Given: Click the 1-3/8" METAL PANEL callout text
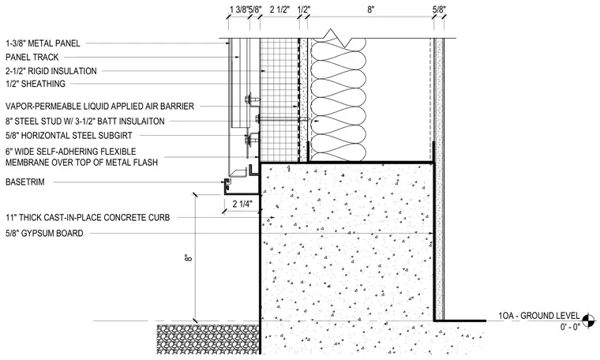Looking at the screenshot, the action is coord(43,43).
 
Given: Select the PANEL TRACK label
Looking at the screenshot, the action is coord(32,58).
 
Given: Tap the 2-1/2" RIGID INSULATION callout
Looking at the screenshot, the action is coord(51,71).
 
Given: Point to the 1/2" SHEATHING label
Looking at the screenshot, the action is coord(36,84).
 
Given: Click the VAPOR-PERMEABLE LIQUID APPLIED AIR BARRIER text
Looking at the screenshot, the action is coord(99,106).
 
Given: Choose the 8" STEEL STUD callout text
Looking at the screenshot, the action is coord(85,122).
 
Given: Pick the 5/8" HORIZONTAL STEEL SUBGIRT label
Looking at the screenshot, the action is coord(69,136).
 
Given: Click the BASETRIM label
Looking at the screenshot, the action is coord(25,182).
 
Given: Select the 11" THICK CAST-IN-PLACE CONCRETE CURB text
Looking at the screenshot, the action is coord(88,218).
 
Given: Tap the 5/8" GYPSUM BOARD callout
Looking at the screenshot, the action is coord(44,234).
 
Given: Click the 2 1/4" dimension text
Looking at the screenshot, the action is coord(242,204).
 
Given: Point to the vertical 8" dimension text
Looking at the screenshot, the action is coord(188,257).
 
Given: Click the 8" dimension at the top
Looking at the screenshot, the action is coord(370,9).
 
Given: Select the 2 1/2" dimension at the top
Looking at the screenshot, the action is coord(279,9).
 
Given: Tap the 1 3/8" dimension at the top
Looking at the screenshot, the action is coord(238,9).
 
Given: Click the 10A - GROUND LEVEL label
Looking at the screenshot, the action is coord(538,316).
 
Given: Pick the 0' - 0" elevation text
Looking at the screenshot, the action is coord(570,326).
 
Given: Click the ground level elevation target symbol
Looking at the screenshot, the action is coord(588,321).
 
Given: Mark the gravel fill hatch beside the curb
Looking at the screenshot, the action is coord(208,339).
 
